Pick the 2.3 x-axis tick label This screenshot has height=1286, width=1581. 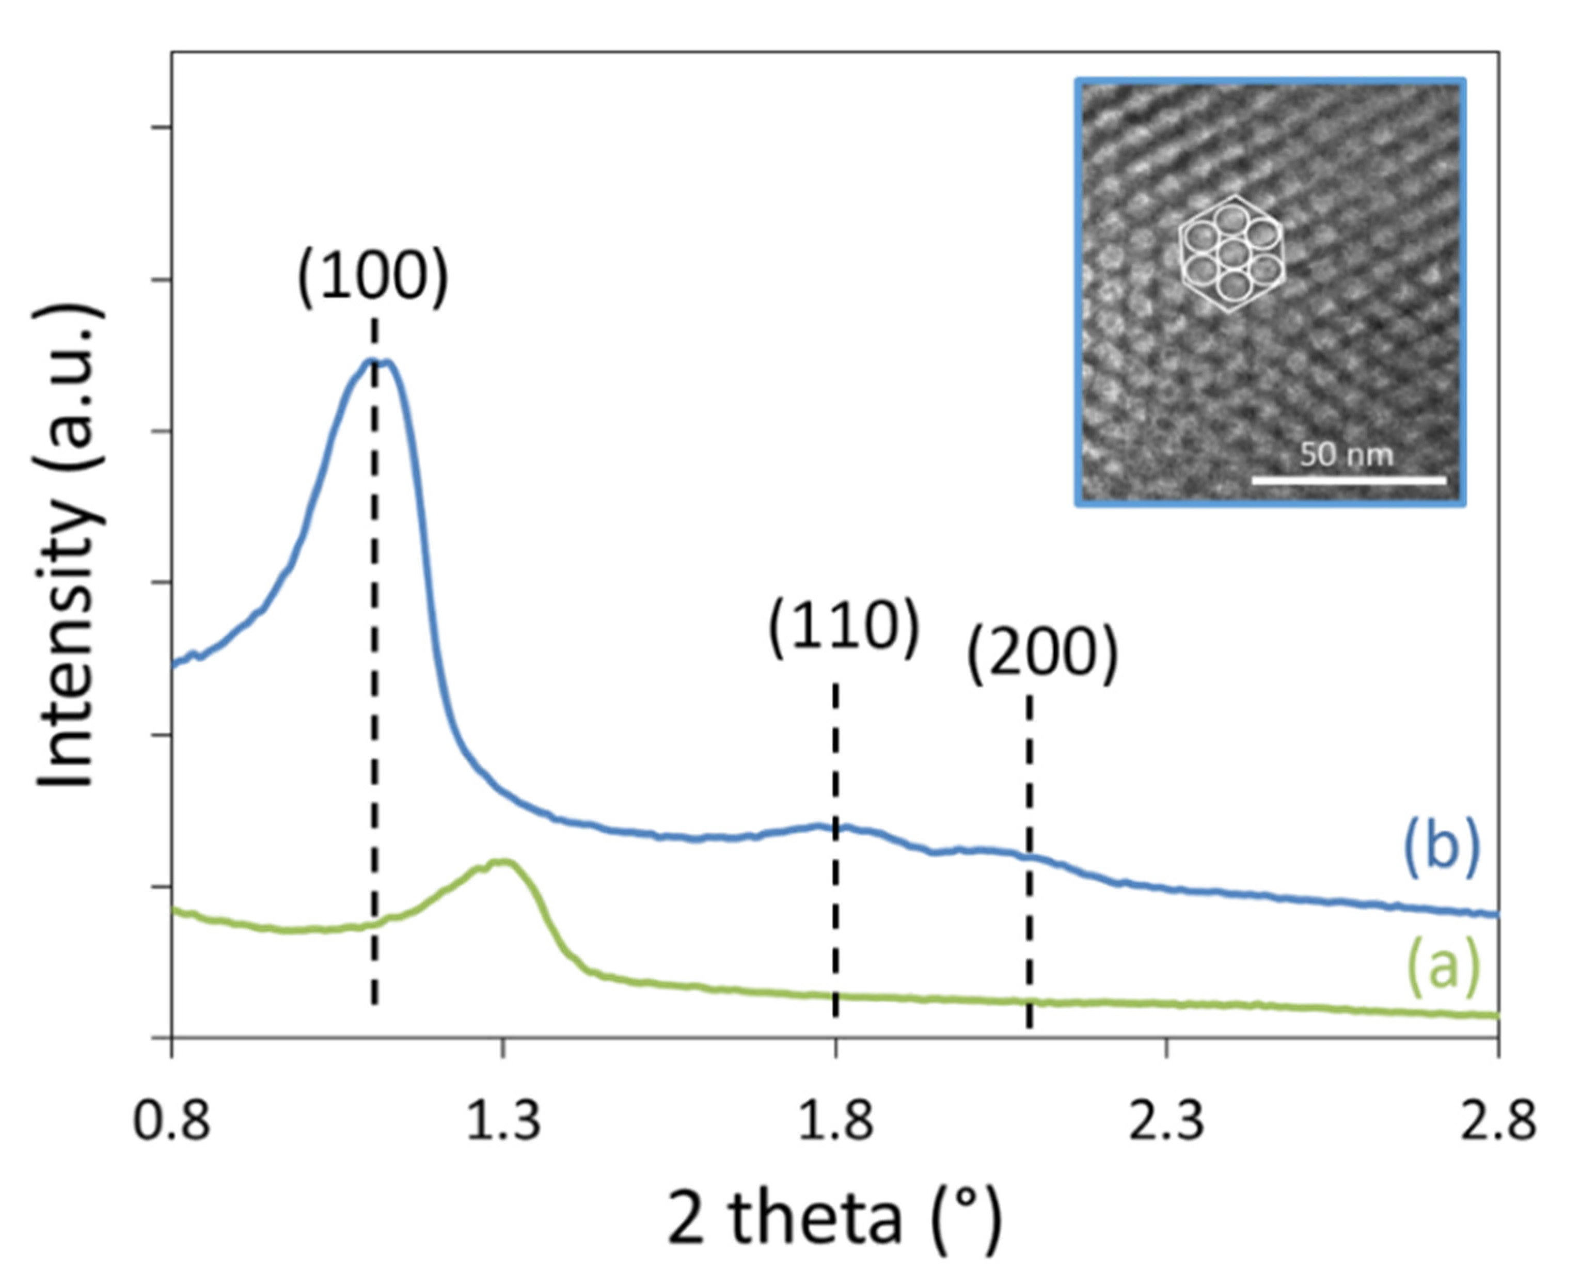pos(1167,1121)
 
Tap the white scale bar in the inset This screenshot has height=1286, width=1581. pos(1348,481)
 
